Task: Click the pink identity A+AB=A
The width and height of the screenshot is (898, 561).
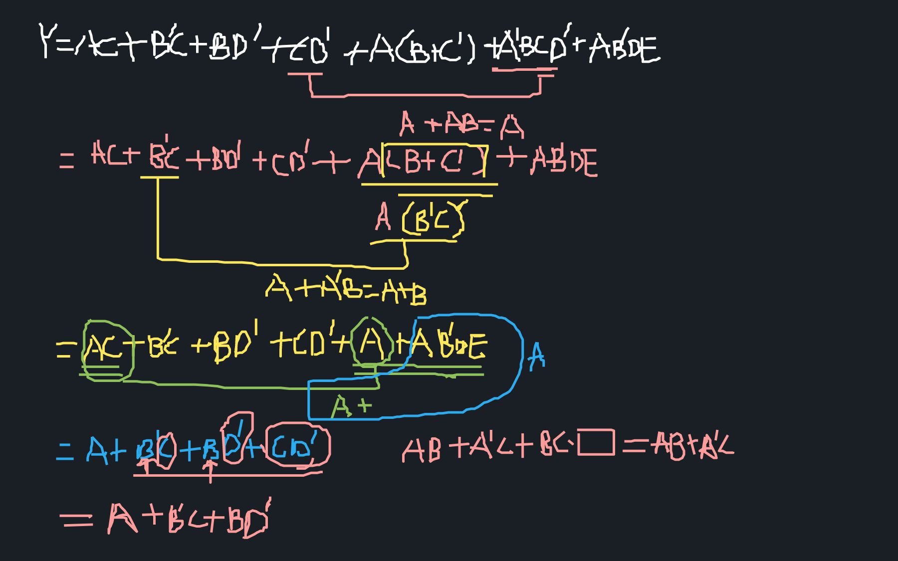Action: [461, 124]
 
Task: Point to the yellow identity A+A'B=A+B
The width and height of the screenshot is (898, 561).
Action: [346, 289]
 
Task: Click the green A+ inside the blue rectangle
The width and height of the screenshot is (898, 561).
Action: [351, 406]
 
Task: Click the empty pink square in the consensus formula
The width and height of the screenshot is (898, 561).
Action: [596, 443]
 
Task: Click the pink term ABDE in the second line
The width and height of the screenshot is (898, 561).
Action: [564, 162]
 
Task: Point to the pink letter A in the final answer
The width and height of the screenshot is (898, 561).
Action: [122, 519]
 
